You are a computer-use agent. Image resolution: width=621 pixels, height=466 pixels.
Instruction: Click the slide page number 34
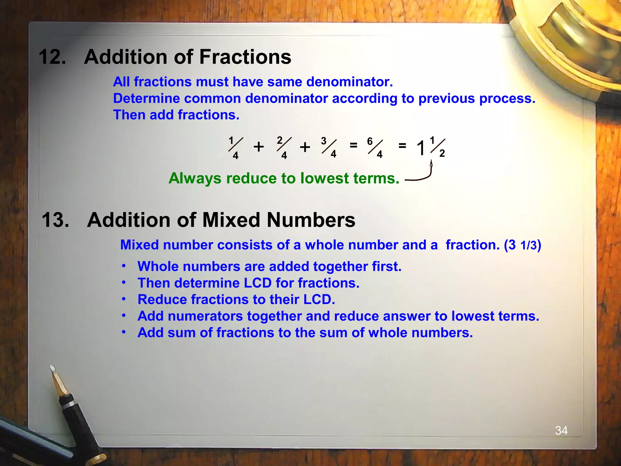click(561, 431)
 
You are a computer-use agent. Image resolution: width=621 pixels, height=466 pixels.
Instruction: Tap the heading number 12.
click(52, 57)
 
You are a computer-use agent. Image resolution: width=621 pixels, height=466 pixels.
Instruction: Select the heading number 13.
click(55, 220)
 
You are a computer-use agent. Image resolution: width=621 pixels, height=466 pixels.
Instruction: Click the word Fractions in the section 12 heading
click(245, 57)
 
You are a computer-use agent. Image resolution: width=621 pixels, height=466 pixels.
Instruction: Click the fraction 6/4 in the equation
click(375, 148)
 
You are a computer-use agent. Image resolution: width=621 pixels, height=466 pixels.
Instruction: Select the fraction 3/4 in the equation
click(329, 148)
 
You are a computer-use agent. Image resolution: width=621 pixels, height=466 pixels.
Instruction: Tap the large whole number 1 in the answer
click(421, 149)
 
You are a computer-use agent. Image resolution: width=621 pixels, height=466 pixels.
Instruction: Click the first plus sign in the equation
click(259, 147)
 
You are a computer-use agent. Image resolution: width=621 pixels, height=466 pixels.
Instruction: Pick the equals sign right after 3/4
click(353, 145)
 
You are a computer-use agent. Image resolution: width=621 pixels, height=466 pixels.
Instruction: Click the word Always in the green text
click(195, 178)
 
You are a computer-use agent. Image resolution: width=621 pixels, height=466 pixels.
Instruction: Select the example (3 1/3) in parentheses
click(522, 245)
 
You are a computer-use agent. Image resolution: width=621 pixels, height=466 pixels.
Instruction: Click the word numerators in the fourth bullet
click(205, 316)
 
